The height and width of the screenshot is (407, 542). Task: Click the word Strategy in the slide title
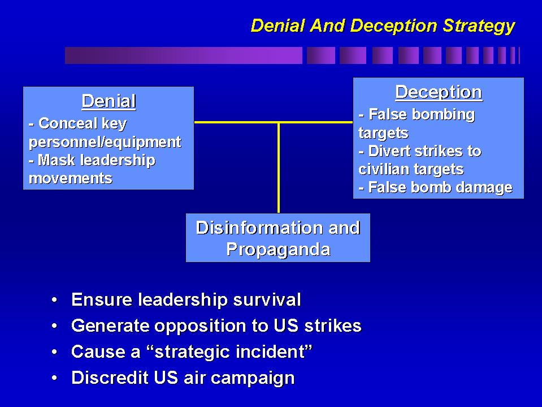(479, 26)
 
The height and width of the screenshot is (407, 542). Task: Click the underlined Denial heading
(109, 101)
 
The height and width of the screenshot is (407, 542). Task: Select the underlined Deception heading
(439, 93)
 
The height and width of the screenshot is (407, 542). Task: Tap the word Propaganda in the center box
(278, 250)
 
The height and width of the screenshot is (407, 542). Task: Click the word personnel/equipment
(105, 142)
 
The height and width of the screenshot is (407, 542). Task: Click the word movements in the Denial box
(71, 178)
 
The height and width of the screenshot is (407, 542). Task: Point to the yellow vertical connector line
(279, 168)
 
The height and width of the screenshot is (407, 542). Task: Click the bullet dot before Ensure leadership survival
(54, 299)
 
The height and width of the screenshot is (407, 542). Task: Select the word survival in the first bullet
(267, 299)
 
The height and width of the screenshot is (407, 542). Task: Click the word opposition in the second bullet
(200, 326)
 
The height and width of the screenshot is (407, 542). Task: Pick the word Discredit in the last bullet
(110, 378)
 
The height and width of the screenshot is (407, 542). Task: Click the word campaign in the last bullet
(252, 378)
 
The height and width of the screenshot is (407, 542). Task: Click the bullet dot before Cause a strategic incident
(54, 352)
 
